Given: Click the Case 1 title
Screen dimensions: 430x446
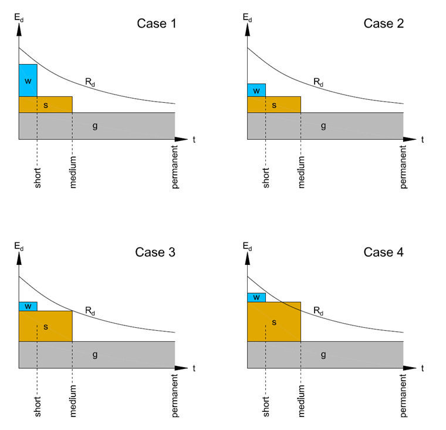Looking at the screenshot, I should tap(156, 23).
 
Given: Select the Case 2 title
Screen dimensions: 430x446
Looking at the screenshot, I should tap(384, 23).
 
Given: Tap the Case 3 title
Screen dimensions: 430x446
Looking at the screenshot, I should tap(155, 253).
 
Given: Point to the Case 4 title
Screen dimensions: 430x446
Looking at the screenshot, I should tap(384, 253).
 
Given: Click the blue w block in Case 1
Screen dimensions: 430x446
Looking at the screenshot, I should tap(28, 80).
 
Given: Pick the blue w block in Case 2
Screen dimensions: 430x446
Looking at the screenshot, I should tap(256, 90).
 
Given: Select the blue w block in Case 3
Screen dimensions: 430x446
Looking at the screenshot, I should tap(28, 306).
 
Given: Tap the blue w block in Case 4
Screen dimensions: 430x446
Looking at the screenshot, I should tap(256, 297).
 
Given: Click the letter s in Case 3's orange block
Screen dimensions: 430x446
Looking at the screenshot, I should tap(46, 326).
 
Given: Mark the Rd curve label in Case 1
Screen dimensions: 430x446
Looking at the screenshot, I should tap(90, 83).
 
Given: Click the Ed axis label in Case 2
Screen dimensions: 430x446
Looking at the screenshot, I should tap(247, 17).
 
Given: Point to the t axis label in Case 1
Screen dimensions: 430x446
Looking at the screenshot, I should tap(193, 140).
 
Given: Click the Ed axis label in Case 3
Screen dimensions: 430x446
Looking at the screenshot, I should tap(19, 246).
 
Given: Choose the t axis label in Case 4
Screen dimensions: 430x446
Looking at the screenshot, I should tap(422, 368).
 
